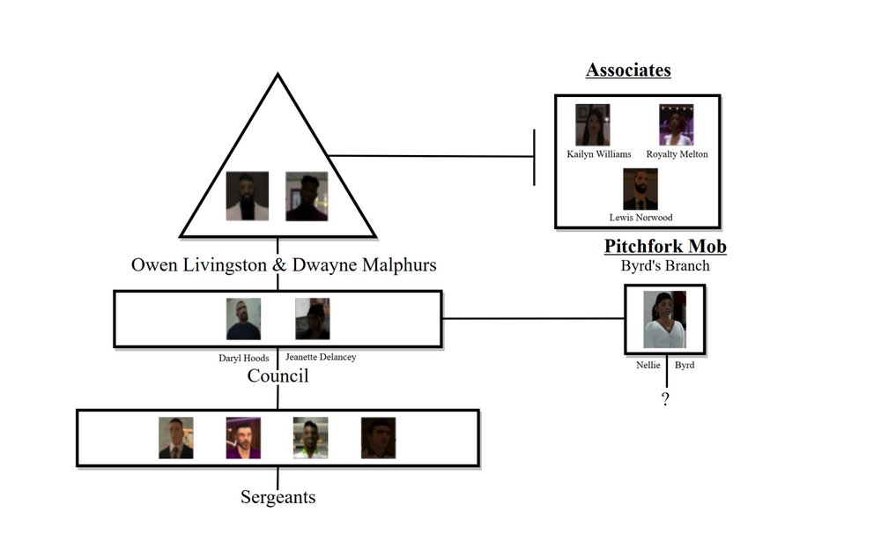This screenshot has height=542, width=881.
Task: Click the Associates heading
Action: click(x=628, y=71)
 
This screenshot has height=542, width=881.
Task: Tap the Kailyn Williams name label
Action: click(x=599, y=154)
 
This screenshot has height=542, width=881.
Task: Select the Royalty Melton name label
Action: click(x=677, y=154)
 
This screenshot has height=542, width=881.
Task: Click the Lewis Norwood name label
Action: click(x=640, y=218)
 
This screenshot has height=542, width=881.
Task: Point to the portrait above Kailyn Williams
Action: click(x=593, y=125)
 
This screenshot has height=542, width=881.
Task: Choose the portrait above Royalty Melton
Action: click(x=677, y=125)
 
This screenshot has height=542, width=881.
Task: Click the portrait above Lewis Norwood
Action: click(x=640, y=189)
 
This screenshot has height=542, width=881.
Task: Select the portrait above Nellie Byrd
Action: click(x=665, y=320)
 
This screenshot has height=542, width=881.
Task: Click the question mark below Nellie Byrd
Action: click(x=665, y=400)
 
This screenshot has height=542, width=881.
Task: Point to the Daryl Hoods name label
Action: click(x=244, y=358)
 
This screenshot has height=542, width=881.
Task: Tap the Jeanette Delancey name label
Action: click(x=321, y=357)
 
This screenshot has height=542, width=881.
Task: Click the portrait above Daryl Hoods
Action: click(x=243, y=319)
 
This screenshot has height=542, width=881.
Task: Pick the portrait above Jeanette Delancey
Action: click(x=313, y=319)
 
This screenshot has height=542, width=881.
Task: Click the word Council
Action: click(x=278, y=376)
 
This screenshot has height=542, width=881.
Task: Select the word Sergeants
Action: click(x=278, y=497)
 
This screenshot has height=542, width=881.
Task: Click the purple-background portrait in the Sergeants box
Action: click(x=243, y=438)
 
